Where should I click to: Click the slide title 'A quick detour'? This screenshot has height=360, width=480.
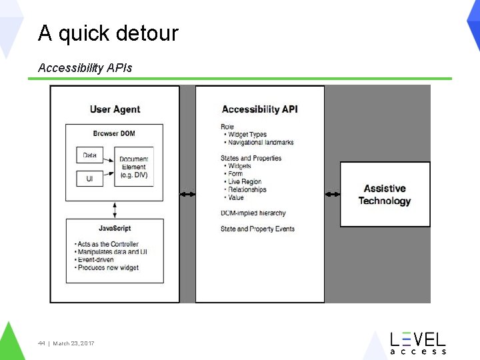pos(108,33)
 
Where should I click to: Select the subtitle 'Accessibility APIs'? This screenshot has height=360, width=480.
pos(85,67)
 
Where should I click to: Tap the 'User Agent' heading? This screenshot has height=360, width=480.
pos(115,109)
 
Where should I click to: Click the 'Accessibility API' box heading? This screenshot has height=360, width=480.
pos(259,109)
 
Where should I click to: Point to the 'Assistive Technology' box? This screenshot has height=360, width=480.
pos(385,195)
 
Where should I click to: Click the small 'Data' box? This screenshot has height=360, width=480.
pos(89,155)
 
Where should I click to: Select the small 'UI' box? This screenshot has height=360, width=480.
pos(89,179)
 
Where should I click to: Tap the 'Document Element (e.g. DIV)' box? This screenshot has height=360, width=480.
pos(133,167)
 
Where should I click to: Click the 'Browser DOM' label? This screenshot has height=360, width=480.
pos(114,133)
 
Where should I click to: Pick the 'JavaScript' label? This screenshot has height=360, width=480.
pos(114,228)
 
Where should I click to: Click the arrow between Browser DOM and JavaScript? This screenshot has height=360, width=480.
pos(115,209)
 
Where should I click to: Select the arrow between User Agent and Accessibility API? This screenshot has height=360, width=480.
pos(187,194)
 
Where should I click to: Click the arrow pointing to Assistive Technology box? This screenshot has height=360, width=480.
pos(332,194)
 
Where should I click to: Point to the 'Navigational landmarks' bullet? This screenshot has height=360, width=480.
pos(260,142)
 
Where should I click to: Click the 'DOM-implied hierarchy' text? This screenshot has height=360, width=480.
pos(253,213)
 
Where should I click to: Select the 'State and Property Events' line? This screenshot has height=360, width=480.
pos(257,229)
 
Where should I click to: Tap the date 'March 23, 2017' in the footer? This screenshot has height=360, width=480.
pos(73,343)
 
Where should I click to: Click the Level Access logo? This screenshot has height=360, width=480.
pos(417,342)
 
